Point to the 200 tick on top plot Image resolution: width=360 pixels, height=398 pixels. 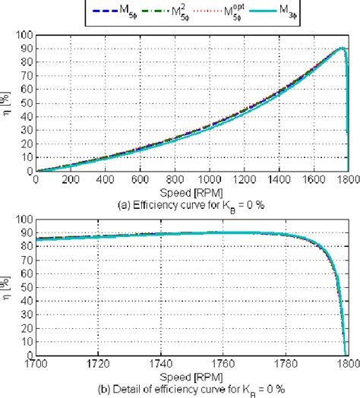pos(71,178)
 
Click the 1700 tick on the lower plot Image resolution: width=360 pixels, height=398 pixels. pos(37,364)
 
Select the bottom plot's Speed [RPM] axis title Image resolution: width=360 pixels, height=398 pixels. pos(192,375)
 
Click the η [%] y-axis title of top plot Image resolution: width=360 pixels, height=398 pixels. pos(10,103)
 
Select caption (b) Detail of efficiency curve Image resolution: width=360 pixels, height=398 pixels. pos(193,388)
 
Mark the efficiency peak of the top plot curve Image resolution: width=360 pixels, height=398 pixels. pos(342,49)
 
